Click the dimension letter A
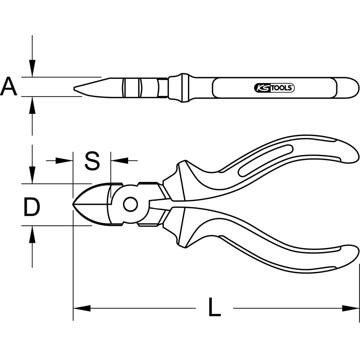coord(9,86)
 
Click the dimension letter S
coord(92,161)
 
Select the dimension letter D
coord(32,207)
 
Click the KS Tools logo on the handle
coord(274,88)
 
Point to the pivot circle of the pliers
coord(130,204)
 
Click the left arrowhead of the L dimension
coord(82,309)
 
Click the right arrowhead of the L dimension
coord(351,309)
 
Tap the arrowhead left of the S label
coord(64,161)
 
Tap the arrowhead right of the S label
coord(120,161)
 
